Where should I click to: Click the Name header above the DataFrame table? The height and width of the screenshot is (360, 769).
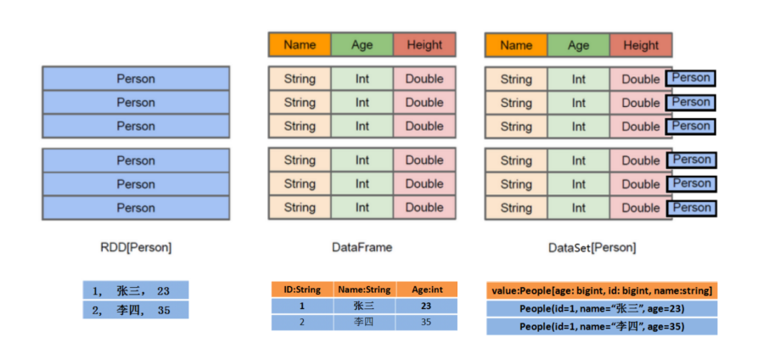[300, 45]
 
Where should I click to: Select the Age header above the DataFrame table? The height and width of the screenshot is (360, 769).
[362, 45]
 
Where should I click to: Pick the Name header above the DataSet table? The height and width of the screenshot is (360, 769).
[516, 46]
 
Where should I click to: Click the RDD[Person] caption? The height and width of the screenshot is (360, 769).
[136, 248]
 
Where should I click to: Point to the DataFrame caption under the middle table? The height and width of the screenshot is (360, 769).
[362, 248]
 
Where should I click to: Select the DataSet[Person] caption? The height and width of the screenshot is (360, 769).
[592, 248]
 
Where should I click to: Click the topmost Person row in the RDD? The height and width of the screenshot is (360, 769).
[136, 79]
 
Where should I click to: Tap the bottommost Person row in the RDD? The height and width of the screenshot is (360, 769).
[136, 208]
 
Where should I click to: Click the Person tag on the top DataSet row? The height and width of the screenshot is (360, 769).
[691, 78]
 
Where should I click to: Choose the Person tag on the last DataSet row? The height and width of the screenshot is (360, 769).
[692, 208]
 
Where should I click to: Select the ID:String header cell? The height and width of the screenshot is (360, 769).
[301, 290]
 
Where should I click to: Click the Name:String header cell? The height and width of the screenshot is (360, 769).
[363, 290]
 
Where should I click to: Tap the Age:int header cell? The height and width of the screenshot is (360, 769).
[426, 290]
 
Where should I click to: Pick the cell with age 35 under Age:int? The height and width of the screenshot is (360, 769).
[426, 323]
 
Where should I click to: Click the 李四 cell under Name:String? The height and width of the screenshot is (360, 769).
[363, 323]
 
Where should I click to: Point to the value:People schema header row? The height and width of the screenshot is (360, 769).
[602, 290]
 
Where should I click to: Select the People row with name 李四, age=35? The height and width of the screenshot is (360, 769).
[602, 327]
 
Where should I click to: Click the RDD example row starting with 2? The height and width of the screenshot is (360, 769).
[136, 310]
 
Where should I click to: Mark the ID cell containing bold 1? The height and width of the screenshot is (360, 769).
[301, 307]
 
